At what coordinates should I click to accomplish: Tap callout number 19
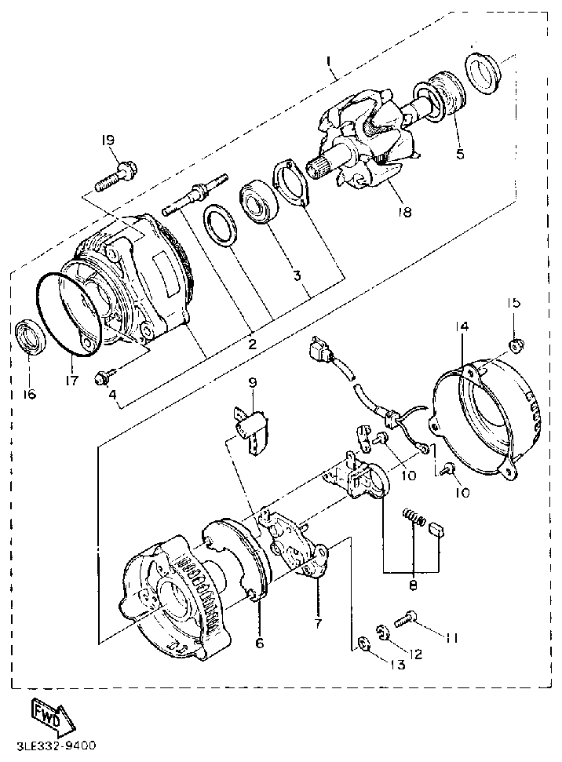(x=108, y=140)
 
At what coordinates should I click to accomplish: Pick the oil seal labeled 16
(x=28, y=337)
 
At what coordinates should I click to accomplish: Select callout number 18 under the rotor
(x=406, y=211)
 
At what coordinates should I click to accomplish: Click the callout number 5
(x=460, y=154)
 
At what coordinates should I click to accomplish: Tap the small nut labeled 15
(x=517, y=344)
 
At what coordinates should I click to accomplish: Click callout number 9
(x=253, y=382)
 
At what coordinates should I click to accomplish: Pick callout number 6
(x=260, y=643)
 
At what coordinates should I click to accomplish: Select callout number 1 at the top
(x=330, y=60)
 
